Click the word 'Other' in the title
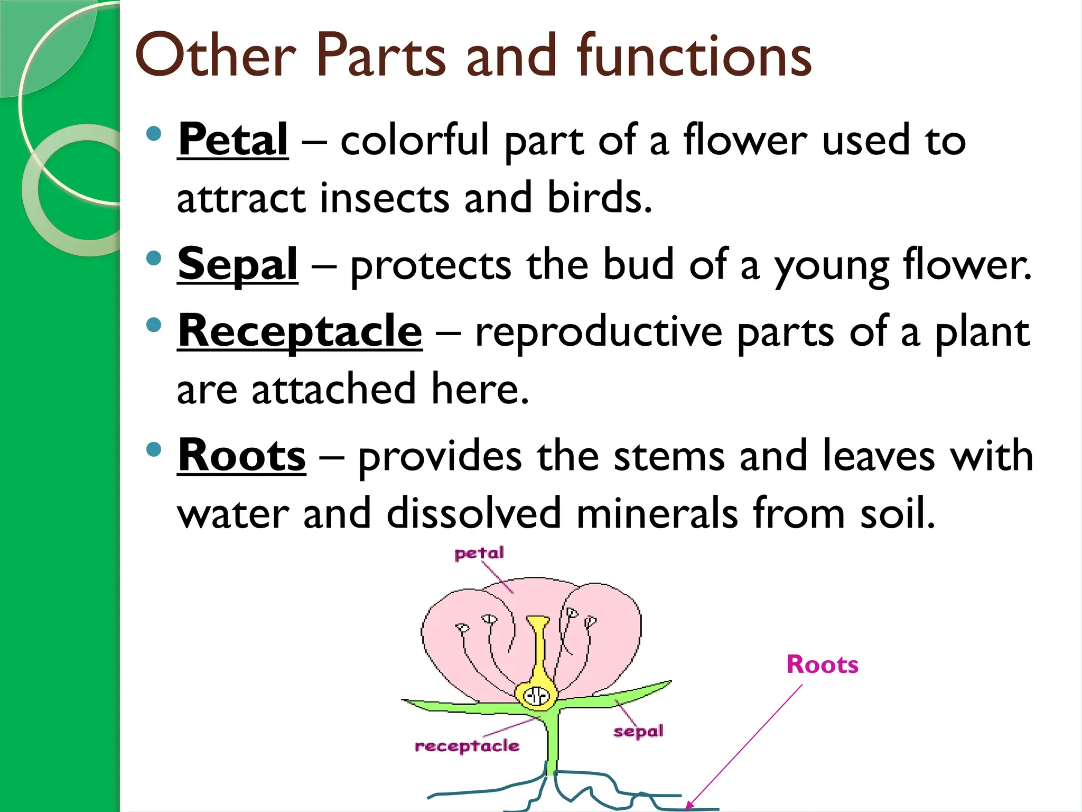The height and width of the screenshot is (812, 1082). coord(216,54)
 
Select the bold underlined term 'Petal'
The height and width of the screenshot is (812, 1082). coord(233,140)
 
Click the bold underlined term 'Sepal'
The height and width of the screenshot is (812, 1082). coord(238,264)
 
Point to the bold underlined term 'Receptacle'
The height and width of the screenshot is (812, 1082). coord(300,331)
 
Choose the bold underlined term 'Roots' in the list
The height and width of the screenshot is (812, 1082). coord(241,455)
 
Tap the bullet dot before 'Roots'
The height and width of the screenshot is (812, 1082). coord(153,449)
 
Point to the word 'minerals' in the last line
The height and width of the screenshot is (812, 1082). coord(657,513)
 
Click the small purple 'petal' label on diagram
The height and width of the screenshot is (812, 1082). coord(479,553)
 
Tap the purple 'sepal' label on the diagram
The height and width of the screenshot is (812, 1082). coord(638,731)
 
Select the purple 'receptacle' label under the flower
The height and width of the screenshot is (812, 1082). coord(467,746)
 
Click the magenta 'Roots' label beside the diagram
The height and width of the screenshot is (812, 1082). coord(822,665)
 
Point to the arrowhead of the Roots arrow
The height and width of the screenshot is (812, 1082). coord(689,806)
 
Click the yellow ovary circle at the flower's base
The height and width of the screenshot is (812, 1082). coord(537,695)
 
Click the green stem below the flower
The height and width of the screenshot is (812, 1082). coord(552,740)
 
